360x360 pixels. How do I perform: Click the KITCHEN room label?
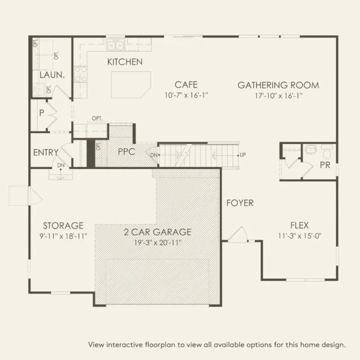click(x=125, y=62)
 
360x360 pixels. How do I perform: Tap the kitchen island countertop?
click(x=131, y=85)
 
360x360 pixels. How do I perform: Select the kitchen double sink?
click(x=115, y=45)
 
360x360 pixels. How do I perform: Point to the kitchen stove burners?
click(x=81, y=74)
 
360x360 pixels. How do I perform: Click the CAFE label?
click(x=186, y=85)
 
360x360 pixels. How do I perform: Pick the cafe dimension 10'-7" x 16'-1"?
click(x=186, y=95)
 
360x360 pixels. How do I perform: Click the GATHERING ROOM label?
click(x=278, y=85)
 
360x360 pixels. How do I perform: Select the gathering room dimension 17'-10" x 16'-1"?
click(x=278, y=96)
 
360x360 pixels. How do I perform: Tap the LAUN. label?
click(x=52, y=75)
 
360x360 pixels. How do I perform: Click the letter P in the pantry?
click(x=42, y=112)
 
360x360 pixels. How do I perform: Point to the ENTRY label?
click(x=46, y=152)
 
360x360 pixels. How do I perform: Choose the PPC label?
click(x=127, y=151)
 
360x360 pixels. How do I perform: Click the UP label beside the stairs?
click(x=242, y=155)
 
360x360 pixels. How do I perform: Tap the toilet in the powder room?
click(x=326, y=151)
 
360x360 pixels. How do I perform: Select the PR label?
click(x=325, y=165)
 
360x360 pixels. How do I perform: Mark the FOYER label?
click(x=240, y=203)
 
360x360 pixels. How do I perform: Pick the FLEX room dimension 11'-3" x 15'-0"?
click(x=300, y=236)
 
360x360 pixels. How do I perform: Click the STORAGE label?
click(x=64, y=226)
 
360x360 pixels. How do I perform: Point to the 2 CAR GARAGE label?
click(x=157, y=232)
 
